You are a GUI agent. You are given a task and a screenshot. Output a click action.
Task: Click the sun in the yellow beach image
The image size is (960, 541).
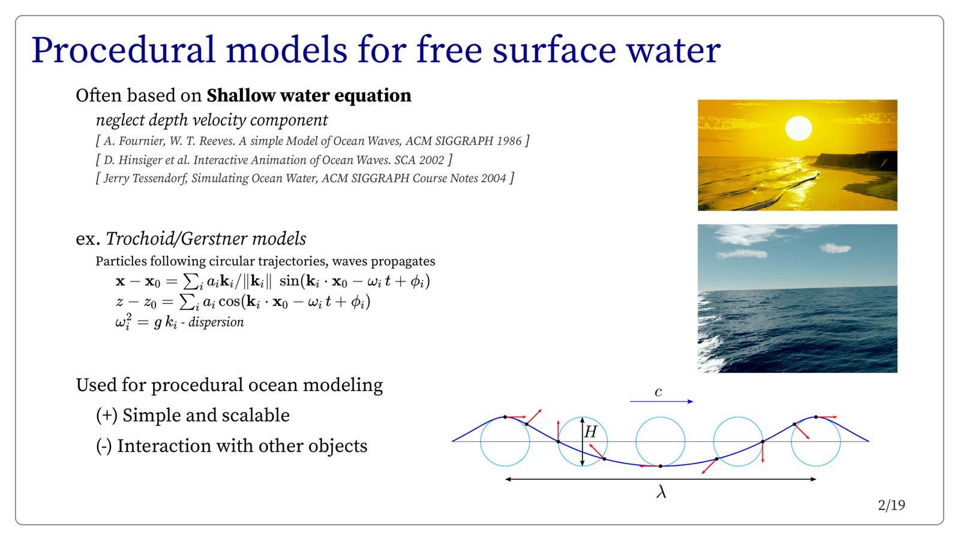[x=799, y=128]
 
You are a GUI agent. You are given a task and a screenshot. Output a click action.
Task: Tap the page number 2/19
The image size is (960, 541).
[x=892, y=506]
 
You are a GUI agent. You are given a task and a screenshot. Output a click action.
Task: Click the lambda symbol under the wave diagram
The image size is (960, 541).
[x=661, y=492]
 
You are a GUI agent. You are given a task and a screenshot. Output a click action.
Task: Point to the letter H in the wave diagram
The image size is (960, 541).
[x=590, y=432]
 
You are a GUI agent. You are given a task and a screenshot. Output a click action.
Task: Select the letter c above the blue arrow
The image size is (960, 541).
[x=658, y=392]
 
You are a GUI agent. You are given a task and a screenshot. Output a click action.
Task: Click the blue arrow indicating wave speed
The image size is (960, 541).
[x=661, y=401]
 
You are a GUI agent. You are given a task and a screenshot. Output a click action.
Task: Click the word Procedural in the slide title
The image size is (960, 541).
[x=123, y=50]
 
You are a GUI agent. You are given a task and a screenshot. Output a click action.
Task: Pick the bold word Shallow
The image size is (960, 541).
[x=241, y=95]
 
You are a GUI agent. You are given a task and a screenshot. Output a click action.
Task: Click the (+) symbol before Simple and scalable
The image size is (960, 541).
[x=107, y=416]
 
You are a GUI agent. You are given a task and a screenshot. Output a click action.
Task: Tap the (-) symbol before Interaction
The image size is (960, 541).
[x=104, y=446]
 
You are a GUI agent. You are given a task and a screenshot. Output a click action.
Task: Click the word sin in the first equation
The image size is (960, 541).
[x=290, y=281]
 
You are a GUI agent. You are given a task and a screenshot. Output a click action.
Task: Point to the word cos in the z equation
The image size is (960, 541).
[x=229, y=302]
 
